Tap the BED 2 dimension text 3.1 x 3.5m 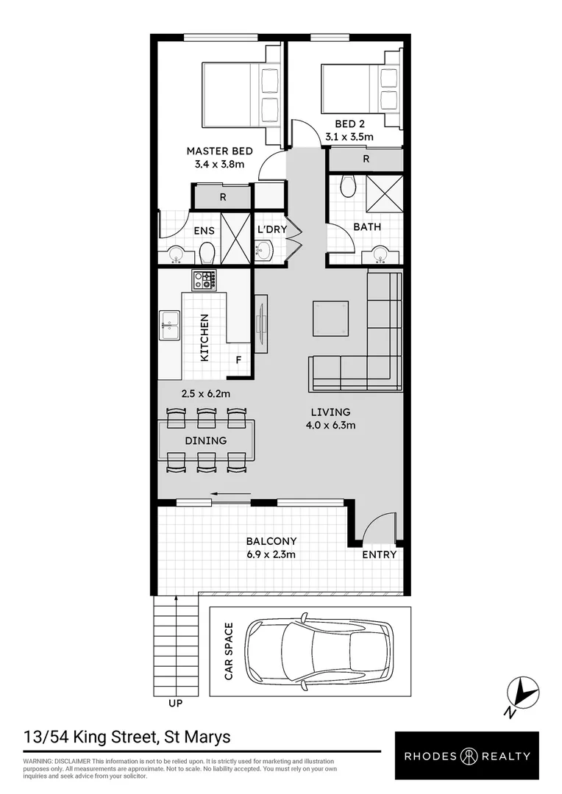coord(349,136)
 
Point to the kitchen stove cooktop coord(204,279)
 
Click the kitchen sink coord(170,326)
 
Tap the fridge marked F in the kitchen coord(238,360)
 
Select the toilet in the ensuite coord(207,254)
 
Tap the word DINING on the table coord(206,440)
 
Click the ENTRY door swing coord(377,529)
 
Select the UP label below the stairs coord(175,703)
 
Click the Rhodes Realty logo coord(466,756)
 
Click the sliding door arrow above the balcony coord(224,494)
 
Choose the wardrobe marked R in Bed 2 coord(366,159)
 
